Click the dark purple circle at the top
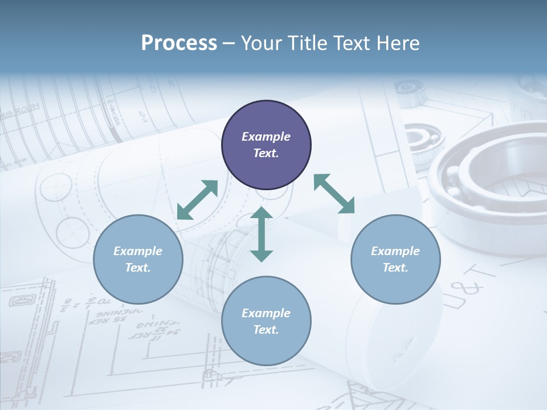pos(266,145)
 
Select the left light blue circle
pos(138,259)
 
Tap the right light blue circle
pos(395,259)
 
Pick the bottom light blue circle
pos(266,321)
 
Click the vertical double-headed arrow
pos(262,234)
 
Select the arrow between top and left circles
pos(198,200)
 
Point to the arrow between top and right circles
pos(334,194)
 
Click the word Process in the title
pos(179,43)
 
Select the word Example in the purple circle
pos(266,137)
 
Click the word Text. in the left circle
pos(138,268)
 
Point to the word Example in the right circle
pos(395,251)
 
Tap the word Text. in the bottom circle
pos(266,330)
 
